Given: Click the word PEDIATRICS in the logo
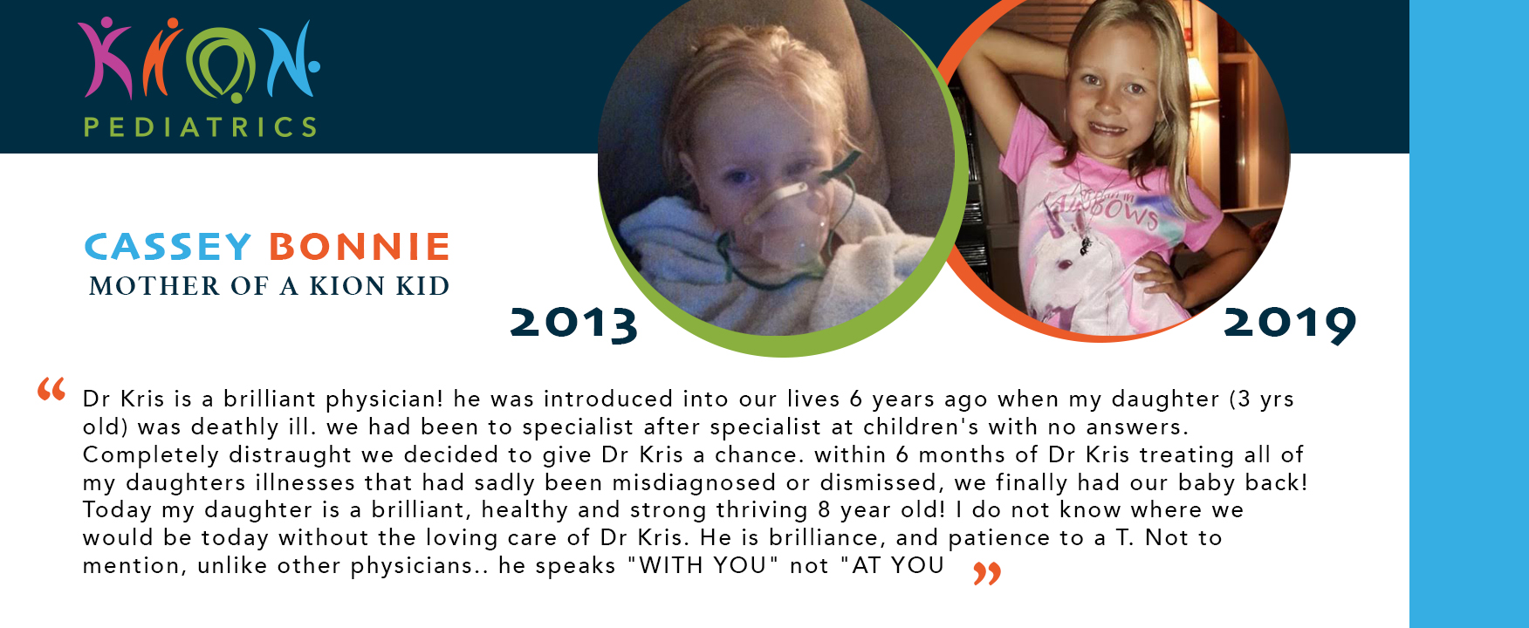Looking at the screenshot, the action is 200,127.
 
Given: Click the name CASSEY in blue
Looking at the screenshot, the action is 168,247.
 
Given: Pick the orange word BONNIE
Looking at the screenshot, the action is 359,247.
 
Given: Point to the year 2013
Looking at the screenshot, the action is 573,324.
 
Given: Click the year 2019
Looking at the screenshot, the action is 1290,324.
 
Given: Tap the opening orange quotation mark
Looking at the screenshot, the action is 51,389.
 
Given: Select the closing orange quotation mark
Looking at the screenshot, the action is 987,573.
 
